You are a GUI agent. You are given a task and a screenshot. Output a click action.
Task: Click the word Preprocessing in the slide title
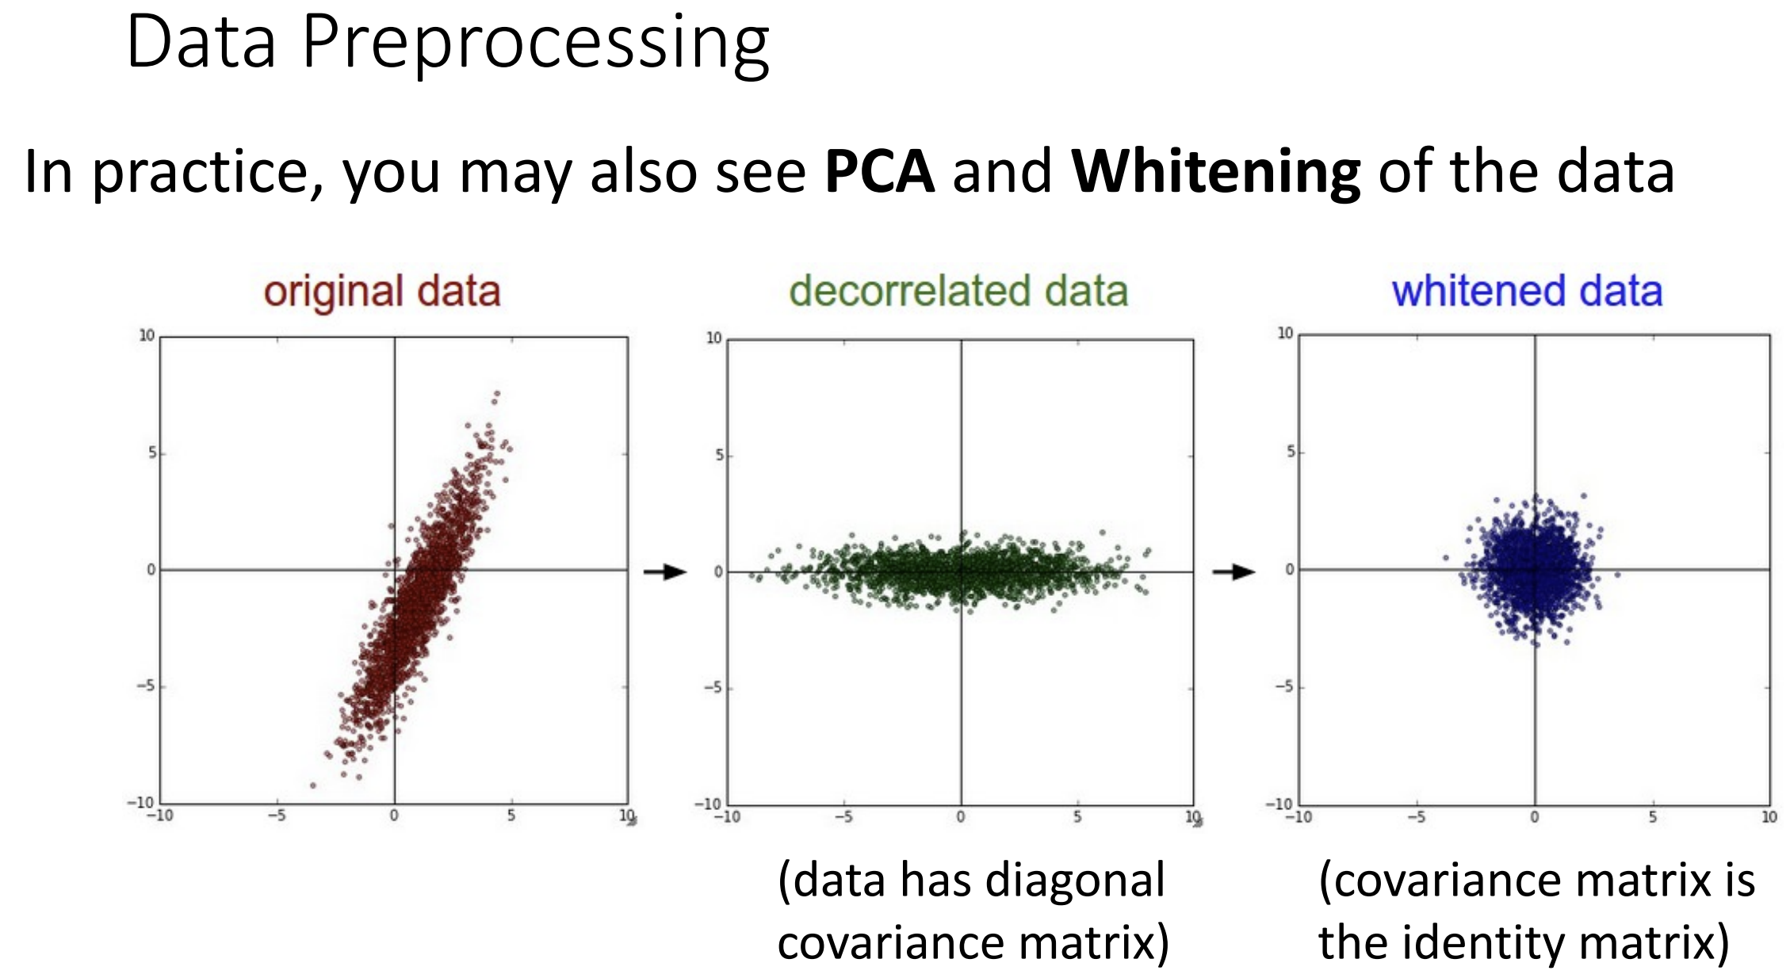[x=536, y=44]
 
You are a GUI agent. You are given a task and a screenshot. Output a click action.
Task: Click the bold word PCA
[x=879, y=170]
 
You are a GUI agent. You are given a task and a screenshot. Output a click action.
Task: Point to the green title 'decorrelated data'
[x=958, y=291]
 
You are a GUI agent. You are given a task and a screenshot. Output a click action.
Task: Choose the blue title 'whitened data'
[x=1527, y=291]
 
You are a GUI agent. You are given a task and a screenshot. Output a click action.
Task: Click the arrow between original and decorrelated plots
[x=664, y=571]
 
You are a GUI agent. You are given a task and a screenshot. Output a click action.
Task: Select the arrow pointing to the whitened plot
[x=1233, y=571]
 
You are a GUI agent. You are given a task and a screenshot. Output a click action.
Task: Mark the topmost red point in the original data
[x=497, y=393]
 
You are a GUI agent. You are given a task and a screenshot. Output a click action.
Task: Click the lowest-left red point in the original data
[x=313, y=785]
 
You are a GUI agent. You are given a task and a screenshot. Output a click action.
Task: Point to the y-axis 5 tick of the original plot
[x=152, y=453]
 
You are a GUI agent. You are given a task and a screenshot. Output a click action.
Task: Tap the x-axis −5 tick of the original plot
[x=276, y=816]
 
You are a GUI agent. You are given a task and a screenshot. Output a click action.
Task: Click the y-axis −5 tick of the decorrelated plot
[x=713, y=687]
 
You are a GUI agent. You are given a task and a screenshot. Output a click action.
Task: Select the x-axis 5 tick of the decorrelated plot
[x=1077, y=817]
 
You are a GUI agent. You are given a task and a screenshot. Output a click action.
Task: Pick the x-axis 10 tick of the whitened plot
[x=1769, y=817]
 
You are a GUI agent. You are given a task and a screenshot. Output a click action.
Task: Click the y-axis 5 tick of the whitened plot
[x=1291, y=452]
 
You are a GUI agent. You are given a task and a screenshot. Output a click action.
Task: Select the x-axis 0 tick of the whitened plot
[x=1535, y=817]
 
